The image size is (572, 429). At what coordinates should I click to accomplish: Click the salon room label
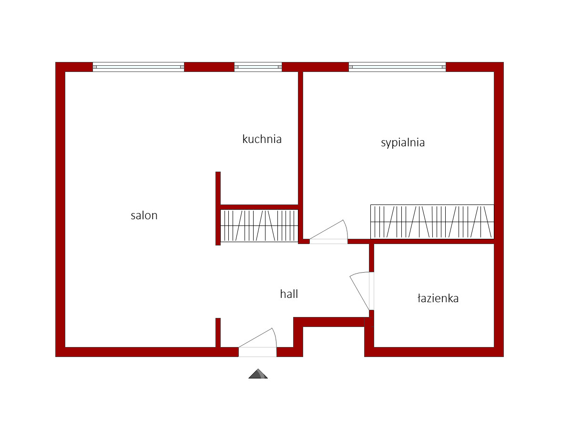point(144,215)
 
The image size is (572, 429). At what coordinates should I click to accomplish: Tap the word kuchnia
point(262,139)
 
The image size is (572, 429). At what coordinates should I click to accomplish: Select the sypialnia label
point(403,143)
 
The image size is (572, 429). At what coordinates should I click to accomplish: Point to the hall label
point(289,294)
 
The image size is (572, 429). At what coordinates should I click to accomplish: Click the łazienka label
point(438,298)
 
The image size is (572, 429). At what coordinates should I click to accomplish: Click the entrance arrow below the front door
point(258,374)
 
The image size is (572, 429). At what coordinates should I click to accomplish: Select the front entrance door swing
point(258,342)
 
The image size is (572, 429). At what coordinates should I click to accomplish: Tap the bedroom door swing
point(328,232)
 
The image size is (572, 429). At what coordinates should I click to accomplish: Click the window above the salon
point(138,67)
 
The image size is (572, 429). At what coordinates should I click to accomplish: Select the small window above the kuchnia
point(258,67)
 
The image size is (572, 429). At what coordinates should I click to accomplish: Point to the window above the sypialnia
point(397,67)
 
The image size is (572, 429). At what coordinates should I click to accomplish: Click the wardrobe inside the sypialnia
point(432,222)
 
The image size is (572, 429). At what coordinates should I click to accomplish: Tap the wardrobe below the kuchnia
point(259,225)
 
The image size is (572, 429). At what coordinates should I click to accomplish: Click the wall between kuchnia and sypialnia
point(300,155)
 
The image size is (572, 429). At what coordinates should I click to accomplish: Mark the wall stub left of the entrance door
point(218,333)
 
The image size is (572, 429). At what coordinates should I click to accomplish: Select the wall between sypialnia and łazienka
point(421,242)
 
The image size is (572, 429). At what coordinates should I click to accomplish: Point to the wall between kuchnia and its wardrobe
point(259,207)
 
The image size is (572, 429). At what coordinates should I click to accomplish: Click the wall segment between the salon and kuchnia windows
point(209,67)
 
